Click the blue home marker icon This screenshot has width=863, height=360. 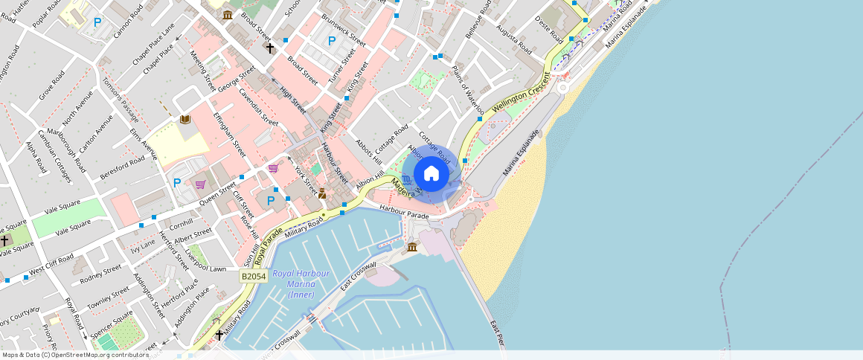431,175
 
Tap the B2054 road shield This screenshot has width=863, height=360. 254,276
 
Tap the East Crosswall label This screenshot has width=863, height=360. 359,276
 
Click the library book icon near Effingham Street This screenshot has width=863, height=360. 185,119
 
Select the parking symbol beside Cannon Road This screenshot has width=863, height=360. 97,23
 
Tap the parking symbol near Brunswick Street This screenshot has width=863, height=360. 332,40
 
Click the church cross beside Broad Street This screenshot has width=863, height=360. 269,48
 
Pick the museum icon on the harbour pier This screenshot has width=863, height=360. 412,247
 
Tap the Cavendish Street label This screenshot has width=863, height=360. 258,106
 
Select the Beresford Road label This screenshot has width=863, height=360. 122,169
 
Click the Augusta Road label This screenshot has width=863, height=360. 514,39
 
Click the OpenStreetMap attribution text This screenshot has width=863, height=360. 74,355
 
